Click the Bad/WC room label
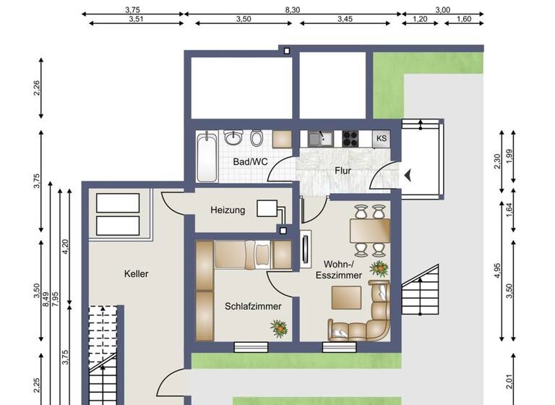250,161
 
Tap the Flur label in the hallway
343,171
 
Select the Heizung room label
228,210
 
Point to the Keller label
136,274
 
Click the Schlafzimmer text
253,306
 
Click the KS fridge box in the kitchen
382,138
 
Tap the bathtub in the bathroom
207,157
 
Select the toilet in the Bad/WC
256,137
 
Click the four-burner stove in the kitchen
351,137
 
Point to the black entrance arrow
408,174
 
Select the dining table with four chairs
369,231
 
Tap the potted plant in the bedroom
279,329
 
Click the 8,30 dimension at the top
293,9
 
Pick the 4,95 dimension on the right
496,270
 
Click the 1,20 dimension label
420,20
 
